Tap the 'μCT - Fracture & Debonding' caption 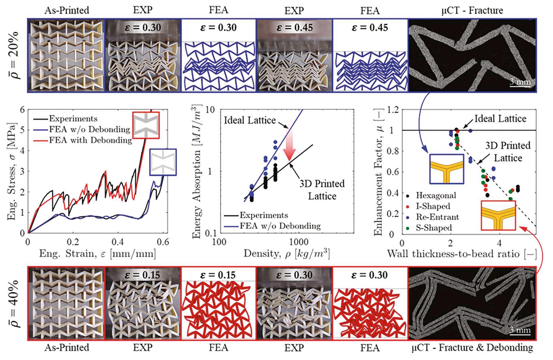click(x=472, y=347)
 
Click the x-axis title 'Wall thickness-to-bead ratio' click(x=461, y=254)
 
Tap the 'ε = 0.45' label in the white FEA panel click(x=370, y=28)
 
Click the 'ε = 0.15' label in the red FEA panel click(x=219, y=275)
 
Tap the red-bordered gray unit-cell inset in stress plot click(x=146, y=125)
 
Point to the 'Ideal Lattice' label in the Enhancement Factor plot click(x=500, y=118)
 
